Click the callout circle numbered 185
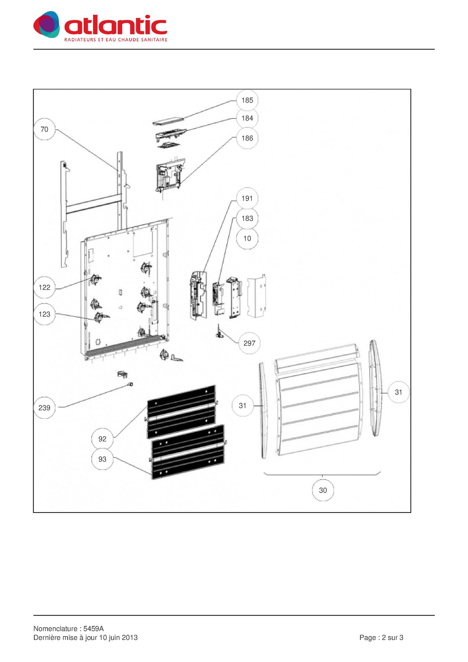point(247,100)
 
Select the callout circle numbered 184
point(247,118)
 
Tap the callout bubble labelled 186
point(247,138)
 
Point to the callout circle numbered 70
point(44,129)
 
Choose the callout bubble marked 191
point(247,199)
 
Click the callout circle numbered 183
point(247,218)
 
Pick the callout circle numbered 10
point(247,238)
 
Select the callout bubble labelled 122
point(44,288)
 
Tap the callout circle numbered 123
point(44,314)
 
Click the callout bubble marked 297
point(250,343)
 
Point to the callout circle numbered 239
point(44,408)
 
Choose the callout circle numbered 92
point(102,439)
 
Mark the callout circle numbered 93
point(102,459)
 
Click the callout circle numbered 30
point(323,490)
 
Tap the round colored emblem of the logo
point(47,24)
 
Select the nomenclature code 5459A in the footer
point(94,629)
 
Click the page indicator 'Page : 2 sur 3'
point(381,638)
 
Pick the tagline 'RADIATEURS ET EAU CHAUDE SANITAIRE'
point(116,40)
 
